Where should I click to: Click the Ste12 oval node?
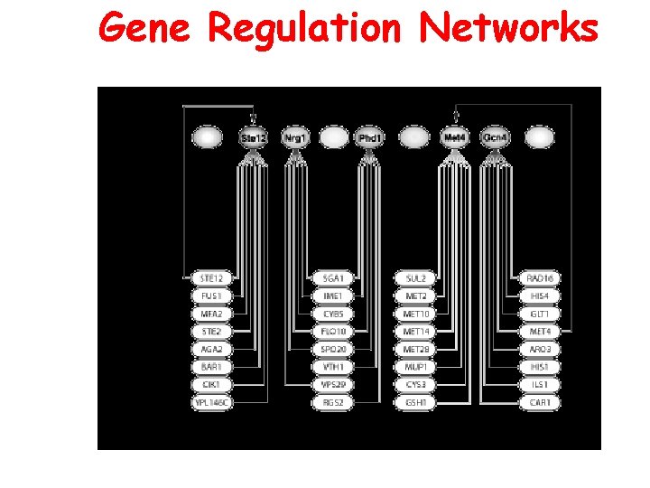(254, 137)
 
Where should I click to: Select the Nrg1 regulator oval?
(294, 137)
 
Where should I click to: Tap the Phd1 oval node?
(370, 137)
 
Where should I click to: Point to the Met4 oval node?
(455, 137)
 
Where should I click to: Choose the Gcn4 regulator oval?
(494, 137)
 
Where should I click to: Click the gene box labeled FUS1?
(212, 296)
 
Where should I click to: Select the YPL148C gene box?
(212, 402)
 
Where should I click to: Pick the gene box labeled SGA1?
(332, 278)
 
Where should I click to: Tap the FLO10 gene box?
(332, 332)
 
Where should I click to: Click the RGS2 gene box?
(332, 402)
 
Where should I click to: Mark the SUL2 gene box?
(416, 278)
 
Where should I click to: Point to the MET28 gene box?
(416, 349)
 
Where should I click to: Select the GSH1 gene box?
(416, 402)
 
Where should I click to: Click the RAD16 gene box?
(540, 278)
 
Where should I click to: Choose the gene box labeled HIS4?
(540, 296)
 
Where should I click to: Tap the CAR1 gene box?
(540, 402)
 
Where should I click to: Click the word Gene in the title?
(144, 29)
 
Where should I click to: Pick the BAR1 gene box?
(212, 367)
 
